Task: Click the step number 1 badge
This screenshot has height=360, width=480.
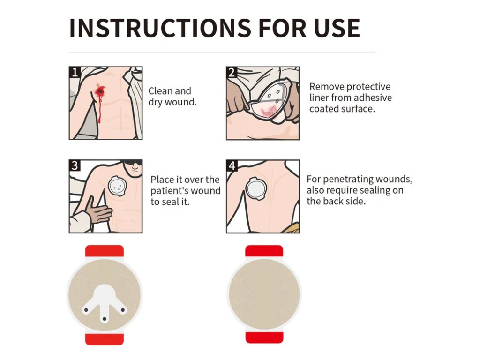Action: pos(75,72)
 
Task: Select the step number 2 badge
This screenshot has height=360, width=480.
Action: pos(232,72)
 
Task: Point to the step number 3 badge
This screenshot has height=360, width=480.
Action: pos(75,165)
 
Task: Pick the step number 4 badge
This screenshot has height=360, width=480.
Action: pos(232,165)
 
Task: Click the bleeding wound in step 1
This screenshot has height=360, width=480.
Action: pos(100,91)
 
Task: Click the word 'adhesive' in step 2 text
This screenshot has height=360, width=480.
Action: pos(373,97)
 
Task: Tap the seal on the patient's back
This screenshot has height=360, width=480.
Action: pos(257,189)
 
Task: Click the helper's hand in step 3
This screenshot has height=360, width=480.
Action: pos(98,210)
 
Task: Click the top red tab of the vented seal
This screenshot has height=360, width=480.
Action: pos(105,251)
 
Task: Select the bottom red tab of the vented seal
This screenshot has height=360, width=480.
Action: pos(105,339)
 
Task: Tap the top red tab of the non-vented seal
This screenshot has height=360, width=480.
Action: pos(264,251)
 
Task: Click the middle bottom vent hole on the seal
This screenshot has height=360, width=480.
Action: pos(105,319)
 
